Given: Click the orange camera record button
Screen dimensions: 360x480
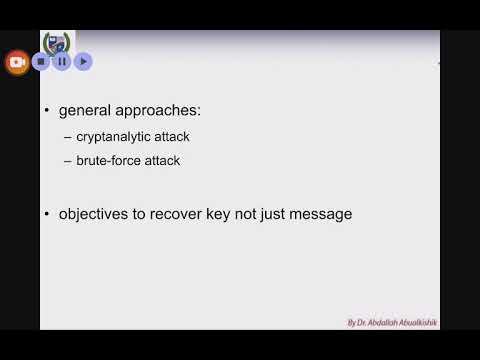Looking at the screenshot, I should [x=17, y=61].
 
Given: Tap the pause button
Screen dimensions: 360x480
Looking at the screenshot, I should [x=62, y=61].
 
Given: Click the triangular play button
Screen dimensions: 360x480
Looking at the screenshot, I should [x=83, y=61].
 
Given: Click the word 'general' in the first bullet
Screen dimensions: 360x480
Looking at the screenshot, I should [x=85, y=111].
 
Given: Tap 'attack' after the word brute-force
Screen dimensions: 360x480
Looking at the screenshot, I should [x=164, y=160].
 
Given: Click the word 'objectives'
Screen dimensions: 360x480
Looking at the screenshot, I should [x=97, y=213].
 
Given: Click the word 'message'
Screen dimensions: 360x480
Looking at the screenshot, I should [x=322, y=213].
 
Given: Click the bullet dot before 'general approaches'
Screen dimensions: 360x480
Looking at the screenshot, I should [x=47, y=111].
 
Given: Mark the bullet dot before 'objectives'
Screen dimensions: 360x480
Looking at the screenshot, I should [x=47, y=213].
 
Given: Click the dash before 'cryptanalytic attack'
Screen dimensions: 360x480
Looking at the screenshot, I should [x=67, y=137].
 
